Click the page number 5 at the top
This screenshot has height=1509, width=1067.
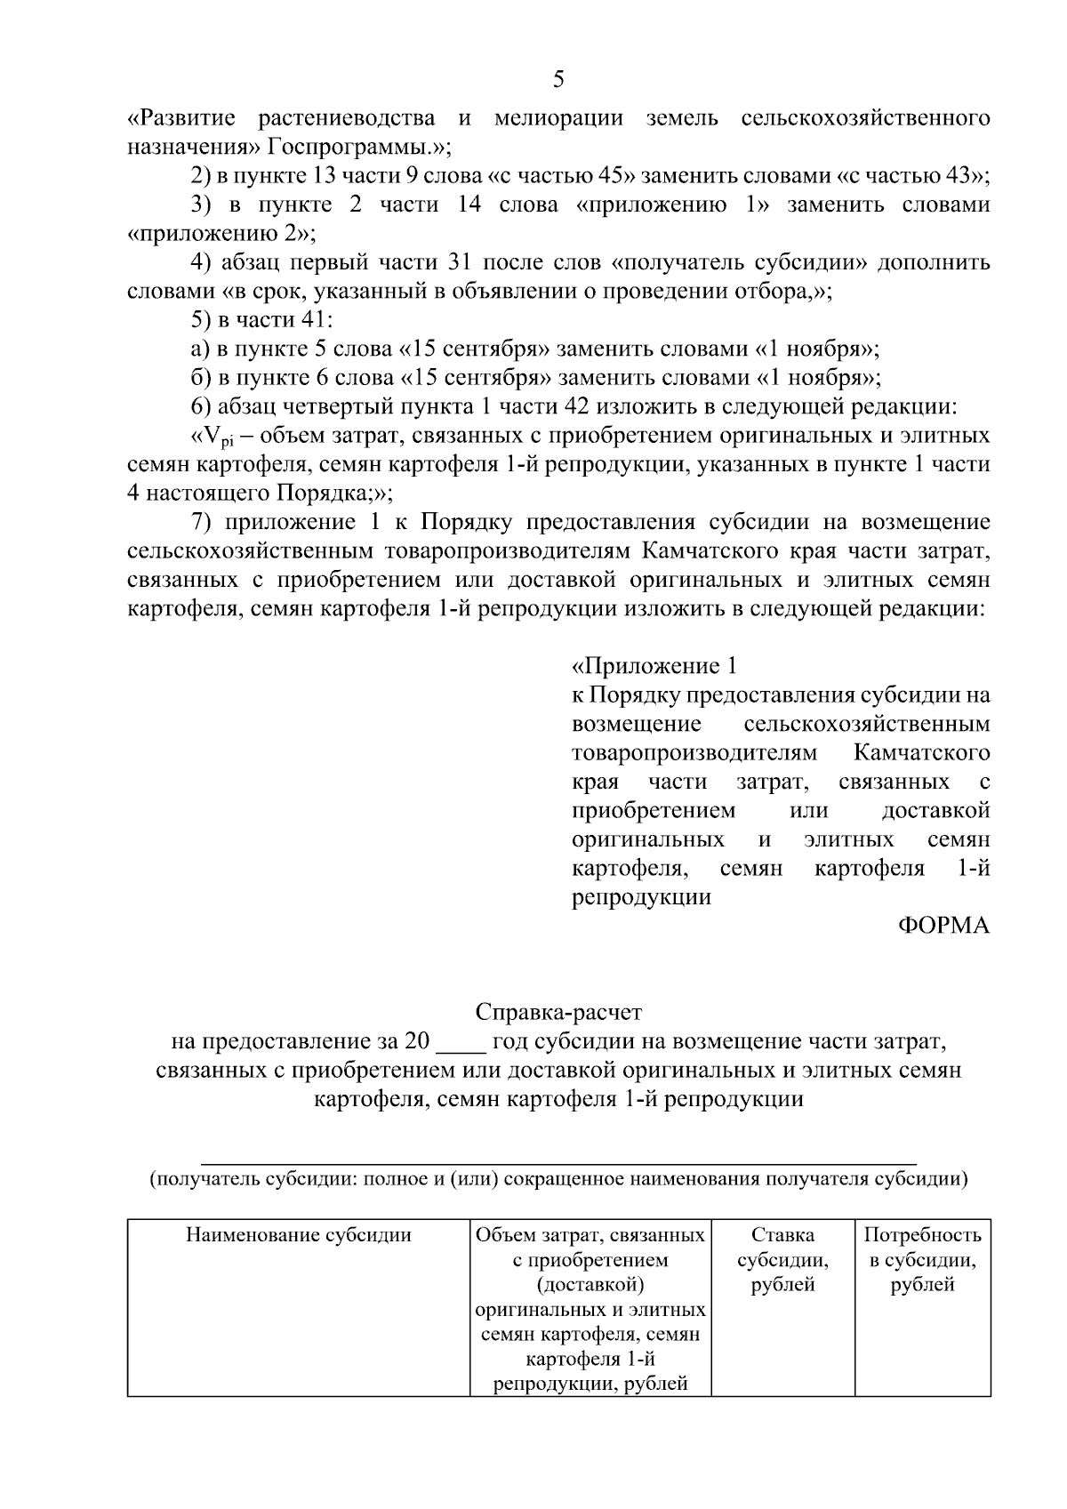(x=558, y=80)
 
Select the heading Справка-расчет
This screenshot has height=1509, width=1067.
(x=558, y=1012)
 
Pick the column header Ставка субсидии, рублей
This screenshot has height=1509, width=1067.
(x=782, y=1259)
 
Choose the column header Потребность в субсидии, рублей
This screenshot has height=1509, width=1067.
(x=922, y=1259)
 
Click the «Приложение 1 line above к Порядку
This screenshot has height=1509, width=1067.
(x=654, y=666)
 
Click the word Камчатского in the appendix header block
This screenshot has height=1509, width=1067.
(x=921, y=753)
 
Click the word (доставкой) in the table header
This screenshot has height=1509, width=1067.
(x=590, y=1284)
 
